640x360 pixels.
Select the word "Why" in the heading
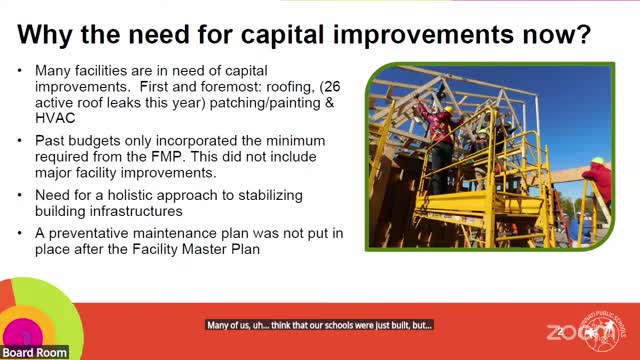pyautogui.click(x=49, y=36)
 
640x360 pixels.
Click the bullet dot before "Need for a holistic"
pyautogui.click(x=22, y=193)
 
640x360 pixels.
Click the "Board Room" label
pyautogui.click(x=34, y=352)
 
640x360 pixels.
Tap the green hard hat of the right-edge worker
pyautogui.click(x=597, y=160)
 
